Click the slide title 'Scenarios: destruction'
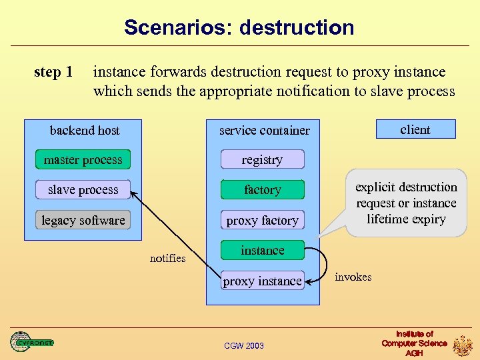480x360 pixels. (239, 27)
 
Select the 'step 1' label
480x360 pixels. (53, 71)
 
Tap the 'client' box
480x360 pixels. (415, 129)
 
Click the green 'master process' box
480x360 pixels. (83, 160)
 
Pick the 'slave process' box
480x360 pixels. (83, 190)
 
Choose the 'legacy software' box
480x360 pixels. (83, 220)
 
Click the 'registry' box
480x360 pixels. (262, 160)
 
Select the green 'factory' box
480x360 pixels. (262, 190)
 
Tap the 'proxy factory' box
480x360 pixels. (262, 220)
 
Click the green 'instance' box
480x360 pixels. (262, 251)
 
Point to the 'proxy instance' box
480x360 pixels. (262, 281)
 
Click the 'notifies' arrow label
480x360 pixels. (167, 258)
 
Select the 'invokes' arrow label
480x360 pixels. (353, 277)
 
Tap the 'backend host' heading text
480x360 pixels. (85, 130)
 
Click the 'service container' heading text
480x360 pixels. (264, 130)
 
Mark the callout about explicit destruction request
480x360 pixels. (406, 203)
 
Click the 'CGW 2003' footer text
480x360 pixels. (243, 345)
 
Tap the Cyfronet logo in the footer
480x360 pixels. (31, 342)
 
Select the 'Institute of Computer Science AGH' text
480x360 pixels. (414, 343)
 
